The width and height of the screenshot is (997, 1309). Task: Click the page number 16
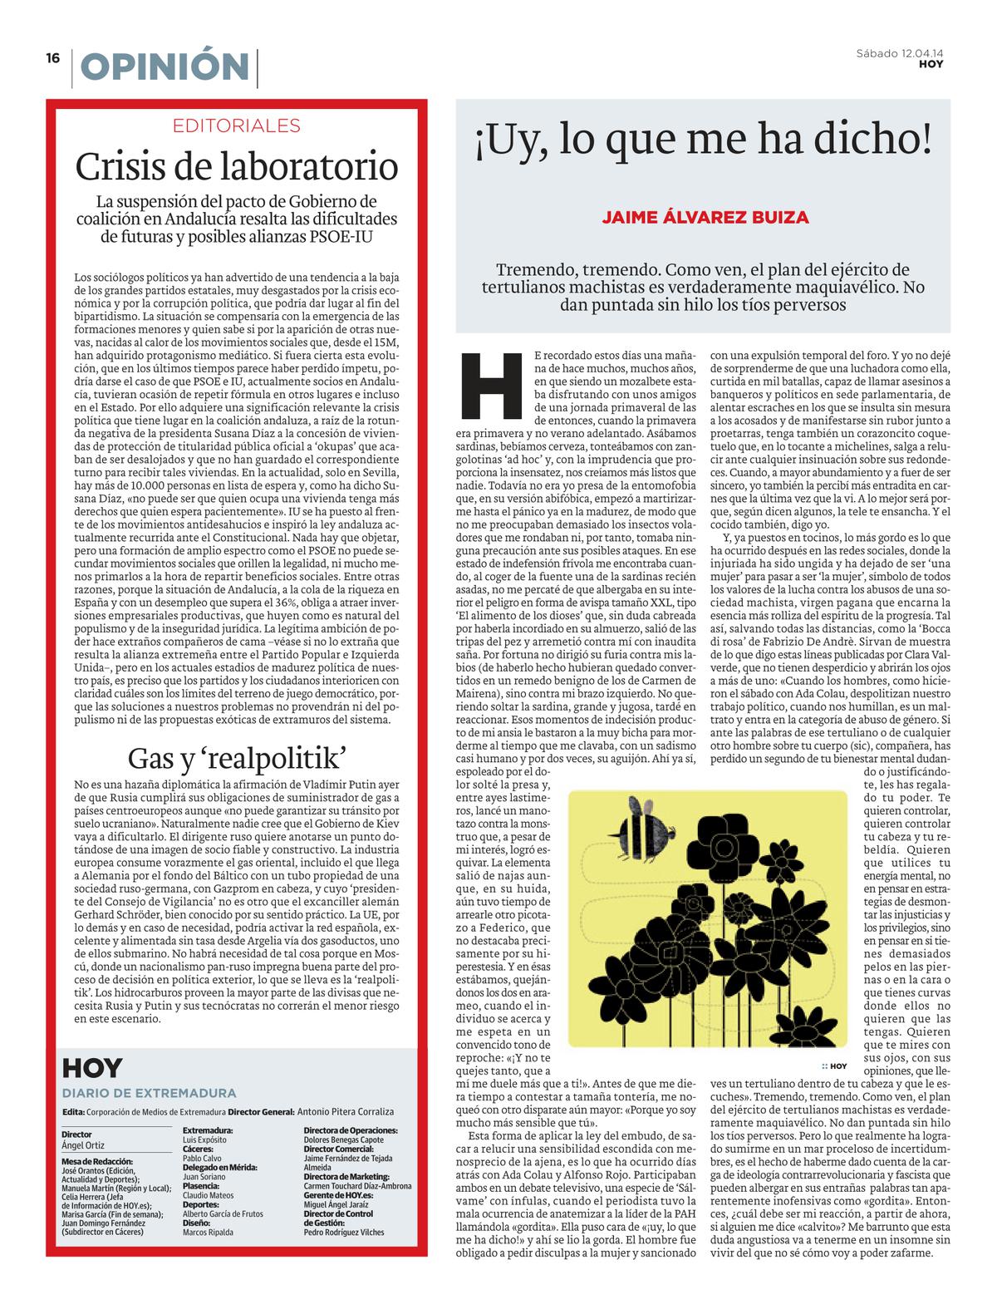53,58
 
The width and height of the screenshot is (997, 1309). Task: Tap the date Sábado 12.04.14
905,54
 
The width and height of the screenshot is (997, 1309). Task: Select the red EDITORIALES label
237,126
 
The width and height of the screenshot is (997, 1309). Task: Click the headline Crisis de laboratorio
237,166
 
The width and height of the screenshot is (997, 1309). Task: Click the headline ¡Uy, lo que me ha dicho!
703,140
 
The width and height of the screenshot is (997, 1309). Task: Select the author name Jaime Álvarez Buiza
705,218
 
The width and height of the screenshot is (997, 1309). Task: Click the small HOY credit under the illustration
834,1066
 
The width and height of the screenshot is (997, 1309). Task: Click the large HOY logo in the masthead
92,1069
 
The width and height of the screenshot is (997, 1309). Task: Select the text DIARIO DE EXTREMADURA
149,1093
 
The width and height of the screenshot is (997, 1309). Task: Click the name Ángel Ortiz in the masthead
85,1144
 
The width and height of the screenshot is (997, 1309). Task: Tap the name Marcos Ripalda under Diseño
208,1232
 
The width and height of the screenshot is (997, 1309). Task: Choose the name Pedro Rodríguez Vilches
344,1232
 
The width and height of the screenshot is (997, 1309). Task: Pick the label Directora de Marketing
346,1177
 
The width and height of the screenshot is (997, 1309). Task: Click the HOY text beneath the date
931,65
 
